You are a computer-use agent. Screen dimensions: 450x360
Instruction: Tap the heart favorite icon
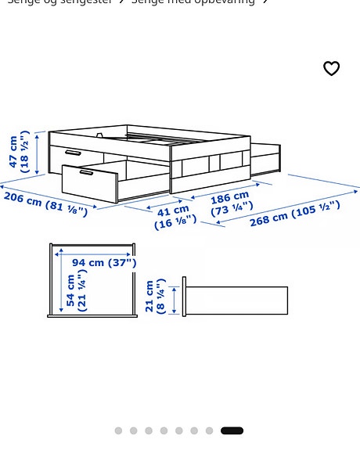click(x=331, y=69)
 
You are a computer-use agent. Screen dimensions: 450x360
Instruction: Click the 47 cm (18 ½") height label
click(x=20, y=152)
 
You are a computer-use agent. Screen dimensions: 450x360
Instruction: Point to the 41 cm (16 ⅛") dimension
click(x=175, y=217)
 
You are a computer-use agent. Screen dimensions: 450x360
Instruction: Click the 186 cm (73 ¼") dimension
click(x=231, y=203)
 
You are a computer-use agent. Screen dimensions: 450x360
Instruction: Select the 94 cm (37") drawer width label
click(x=104, y=263)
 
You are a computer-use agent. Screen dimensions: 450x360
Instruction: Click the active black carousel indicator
click(x=232, y=430)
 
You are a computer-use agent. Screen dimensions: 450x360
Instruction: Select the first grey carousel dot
click(x=118, y=430)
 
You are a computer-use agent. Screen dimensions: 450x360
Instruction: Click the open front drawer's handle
click(x=86, y=172)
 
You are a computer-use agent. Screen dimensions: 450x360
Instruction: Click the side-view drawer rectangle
click(x=236, y=301)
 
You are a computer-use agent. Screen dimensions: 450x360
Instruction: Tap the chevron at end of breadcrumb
click(x=265, y=2)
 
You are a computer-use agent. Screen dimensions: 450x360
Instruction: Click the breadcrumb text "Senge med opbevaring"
click(x=193, y=2)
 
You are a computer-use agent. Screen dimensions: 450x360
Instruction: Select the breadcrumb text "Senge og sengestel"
click(x=59, y=2)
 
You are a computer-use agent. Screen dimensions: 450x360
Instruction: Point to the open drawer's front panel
click(x=88, y=184)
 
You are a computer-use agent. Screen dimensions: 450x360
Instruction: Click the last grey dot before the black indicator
click(x=209, y=430)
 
